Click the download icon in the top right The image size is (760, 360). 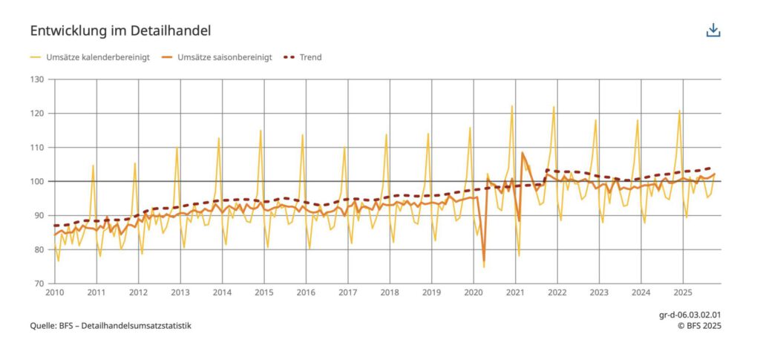tap(713, 30)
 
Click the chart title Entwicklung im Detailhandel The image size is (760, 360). tap(120, 30)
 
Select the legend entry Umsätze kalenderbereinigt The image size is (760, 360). tap(90, 57)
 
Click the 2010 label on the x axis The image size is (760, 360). tap(54, 293)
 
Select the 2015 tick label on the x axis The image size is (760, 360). tap(263, 293)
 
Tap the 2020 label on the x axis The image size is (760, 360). tap(473, 293)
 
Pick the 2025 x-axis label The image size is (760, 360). tap(682, 293)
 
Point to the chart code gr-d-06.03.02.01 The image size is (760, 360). tap(689, 315)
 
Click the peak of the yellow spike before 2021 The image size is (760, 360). tap(511, 106)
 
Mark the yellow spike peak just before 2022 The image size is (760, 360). tap(554, 107)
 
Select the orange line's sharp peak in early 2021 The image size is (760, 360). tap(522, 153)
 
